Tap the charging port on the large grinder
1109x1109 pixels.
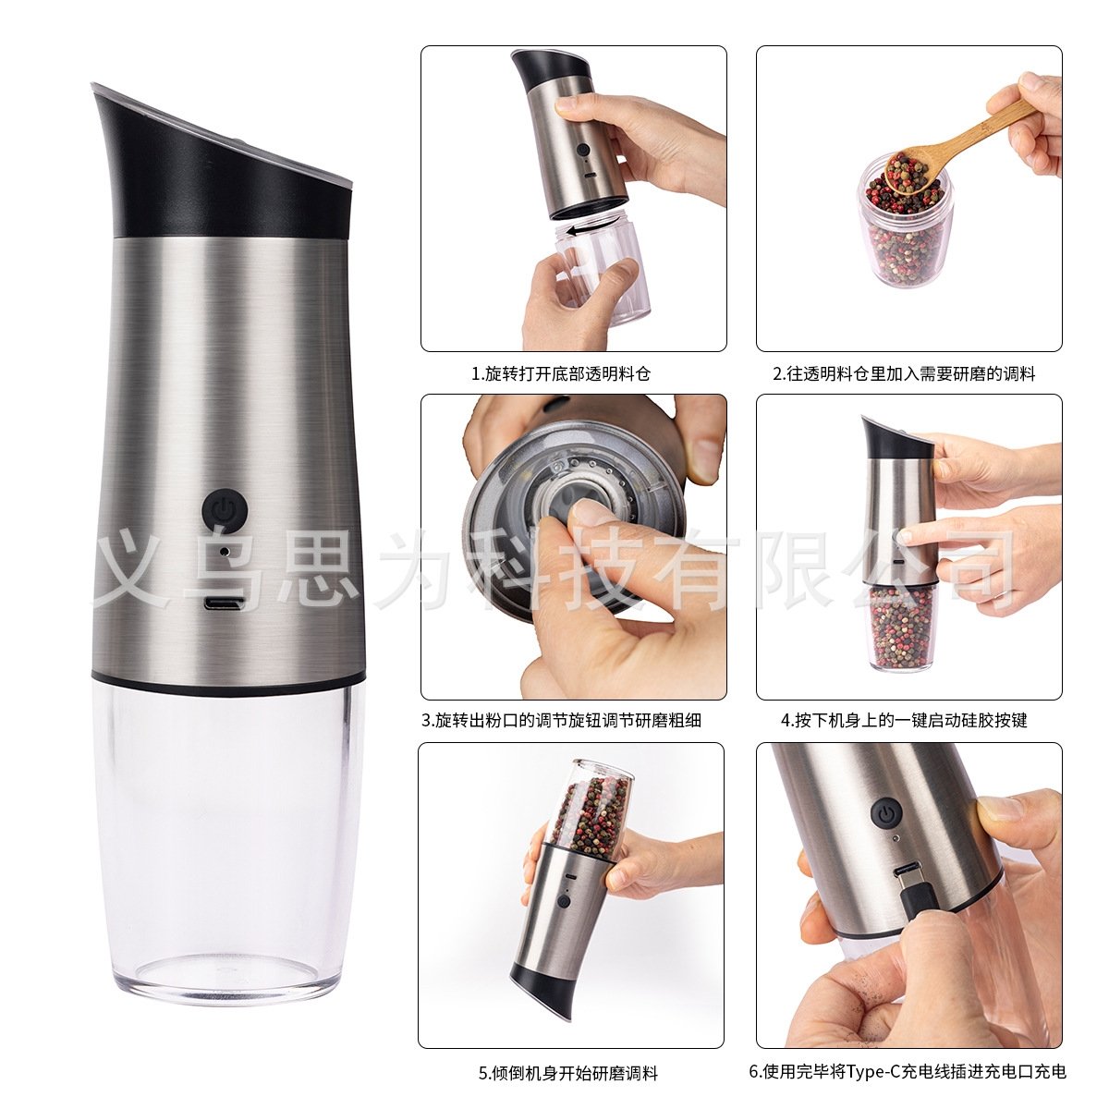click(224, 603)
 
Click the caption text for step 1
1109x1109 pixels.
click(561, 374)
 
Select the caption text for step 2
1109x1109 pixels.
click(904, 374)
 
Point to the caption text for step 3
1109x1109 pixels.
click(561, 721)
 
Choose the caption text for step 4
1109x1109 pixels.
click(904, 721)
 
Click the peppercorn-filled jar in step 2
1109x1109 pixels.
click(904, 226)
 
